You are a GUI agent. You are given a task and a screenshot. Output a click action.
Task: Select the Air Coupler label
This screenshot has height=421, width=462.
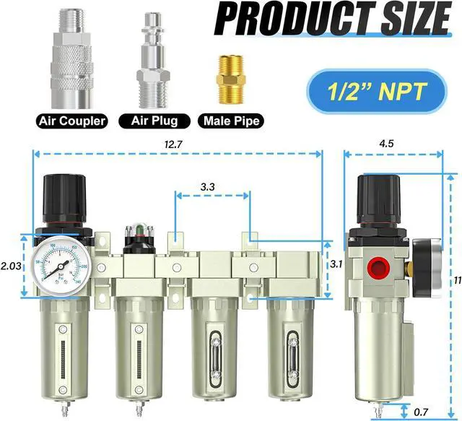(70, 121)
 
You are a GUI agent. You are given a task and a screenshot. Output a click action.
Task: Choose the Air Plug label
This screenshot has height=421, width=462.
(154, 121)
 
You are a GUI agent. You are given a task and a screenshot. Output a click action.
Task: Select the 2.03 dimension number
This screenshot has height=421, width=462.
(11, 266)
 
